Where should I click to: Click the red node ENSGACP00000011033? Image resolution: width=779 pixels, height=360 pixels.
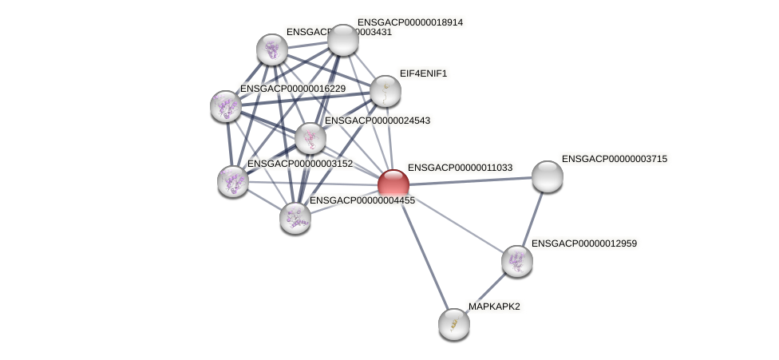393,184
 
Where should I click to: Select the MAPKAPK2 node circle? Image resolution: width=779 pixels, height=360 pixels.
454,323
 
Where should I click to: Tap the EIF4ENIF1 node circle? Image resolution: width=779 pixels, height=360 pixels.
385,91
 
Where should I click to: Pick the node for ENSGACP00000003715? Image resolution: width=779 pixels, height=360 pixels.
547,176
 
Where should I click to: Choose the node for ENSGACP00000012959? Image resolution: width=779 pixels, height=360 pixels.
516,260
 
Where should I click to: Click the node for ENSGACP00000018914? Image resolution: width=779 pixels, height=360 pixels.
343,40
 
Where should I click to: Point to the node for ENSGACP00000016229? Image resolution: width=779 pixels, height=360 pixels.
226,105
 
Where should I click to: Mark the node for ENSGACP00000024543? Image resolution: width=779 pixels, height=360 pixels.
310,138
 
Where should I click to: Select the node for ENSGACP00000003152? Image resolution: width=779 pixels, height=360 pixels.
233,180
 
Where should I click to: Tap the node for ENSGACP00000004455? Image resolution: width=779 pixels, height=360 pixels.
295,217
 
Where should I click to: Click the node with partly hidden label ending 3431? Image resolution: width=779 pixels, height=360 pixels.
272,49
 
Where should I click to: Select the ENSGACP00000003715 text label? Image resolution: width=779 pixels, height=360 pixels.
614,159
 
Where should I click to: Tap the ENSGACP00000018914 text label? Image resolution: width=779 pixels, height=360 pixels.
410,22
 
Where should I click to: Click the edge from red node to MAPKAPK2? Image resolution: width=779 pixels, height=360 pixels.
423,254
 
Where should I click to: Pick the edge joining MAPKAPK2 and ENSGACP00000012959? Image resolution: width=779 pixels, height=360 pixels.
485,292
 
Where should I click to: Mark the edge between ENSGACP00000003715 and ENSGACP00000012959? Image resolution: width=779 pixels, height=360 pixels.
532,217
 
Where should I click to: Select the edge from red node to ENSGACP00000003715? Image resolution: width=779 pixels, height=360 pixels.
471,180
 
